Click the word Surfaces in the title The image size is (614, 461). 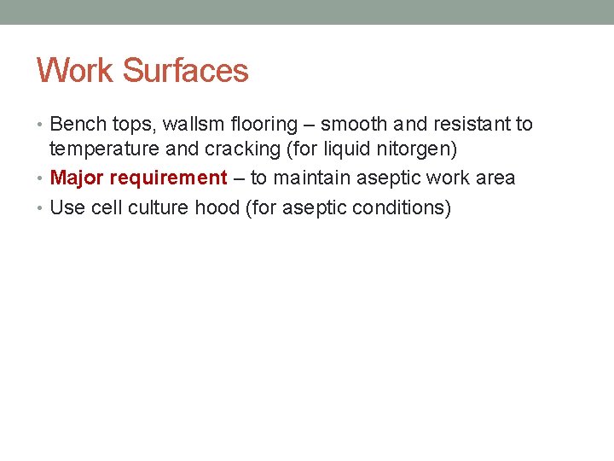point(186,70)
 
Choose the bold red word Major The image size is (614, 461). point(77,178)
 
